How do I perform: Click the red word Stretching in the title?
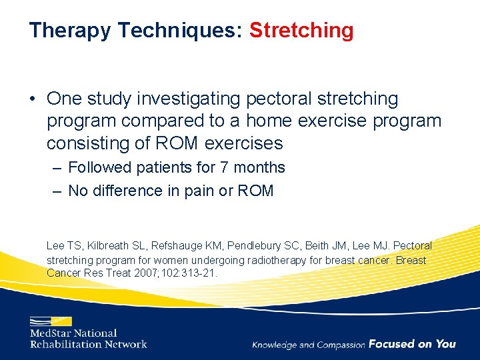(301, 31)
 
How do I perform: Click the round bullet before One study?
(33, 99)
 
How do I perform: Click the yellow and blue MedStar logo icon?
(50, 321)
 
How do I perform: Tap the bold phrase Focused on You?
(412, 344)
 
